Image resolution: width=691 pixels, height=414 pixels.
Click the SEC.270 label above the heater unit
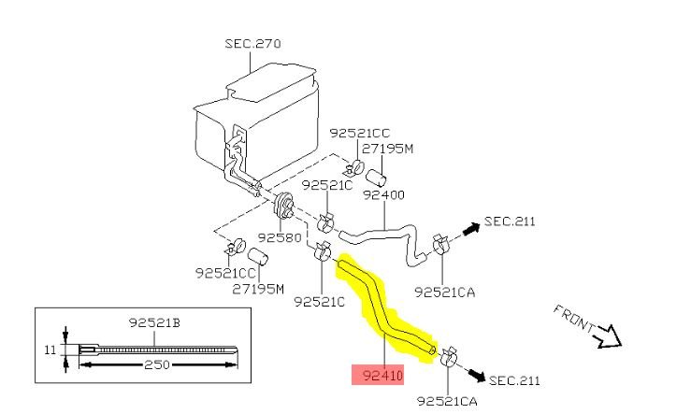[x=252, y=44]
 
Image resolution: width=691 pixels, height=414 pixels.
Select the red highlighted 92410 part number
[x=378, y=376]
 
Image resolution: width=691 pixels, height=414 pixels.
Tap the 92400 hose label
[x=383, y=194]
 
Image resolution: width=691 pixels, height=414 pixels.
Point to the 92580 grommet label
[x=280, y=237]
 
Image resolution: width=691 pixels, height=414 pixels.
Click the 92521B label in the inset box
[x=154, y=322]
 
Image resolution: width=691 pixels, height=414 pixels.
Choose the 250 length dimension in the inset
[x=157, y=364]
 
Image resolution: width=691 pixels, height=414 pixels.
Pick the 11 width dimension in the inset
[x=50, y=350]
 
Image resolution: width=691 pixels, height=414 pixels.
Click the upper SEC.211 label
[x=510, y=221]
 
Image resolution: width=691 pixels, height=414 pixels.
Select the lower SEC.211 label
[x=514, y=380]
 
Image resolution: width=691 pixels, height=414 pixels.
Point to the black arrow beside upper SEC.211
[x=470, y=229]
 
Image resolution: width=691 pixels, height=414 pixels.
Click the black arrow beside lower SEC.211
[x=476, y=376]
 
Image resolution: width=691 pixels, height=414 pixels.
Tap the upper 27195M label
[x=387, y=149]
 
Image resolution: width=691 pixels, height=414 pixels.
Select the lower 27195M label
[x=258, y=289]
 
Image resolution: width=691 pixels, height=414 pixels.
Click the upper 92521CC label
[x=360, y=133]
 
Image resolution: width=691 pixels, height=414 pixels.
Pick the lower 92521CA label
[x=447, y=401]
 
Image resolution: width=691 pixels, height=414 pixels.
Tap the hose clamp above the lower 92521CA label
[x=448, y=356]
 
